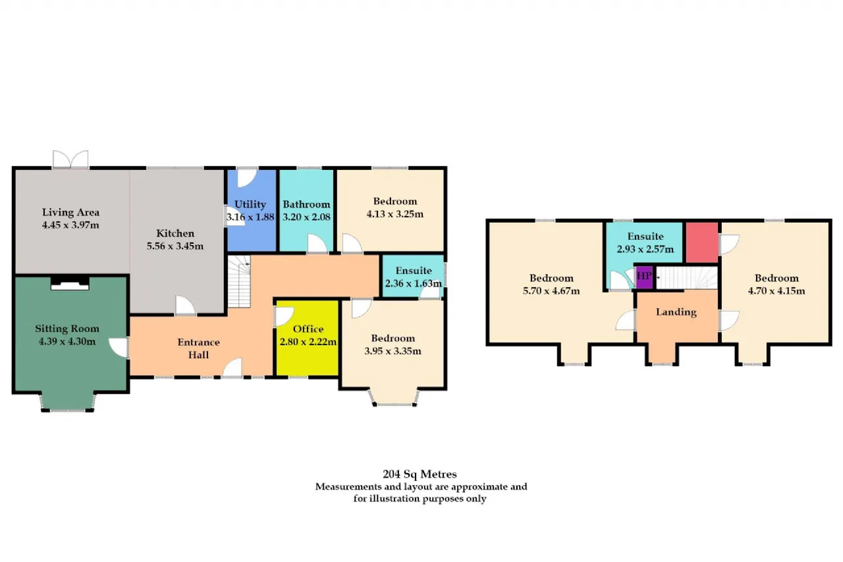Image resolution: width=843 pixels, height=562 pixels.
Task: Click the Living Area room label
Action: (x=70, y=212)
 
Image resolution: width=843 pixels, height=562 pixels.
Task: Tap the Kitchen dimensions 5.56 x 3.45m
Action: (x=175, y=246)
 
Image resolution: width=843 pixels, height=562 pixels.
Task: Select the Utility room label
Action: (x=250, y=204)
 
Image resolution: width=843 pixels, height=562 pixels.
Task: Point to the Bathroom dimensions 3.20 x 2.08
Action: (x=306, y=217)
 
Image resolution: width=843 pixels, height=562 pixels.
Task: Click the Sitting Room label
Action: (x=67, y=329)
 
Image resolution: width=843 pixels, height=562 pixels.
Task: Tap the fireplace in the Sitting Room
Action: (x=70, y=283)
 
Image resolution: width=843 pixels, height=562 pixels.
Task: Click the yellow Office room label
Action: (x=308, y=329)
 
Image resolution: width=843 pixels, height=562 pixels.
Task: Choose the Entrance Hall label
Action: (x=199, y=348)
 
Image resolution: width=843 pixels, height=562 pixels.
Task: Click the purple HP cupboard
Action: (x=644, y=277)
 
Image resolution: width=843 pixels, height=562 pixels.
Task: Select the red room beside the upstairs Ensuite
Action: (x=702, y=242)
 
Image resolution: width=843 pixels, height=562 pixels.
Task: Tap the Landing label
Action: (x=676, y=312)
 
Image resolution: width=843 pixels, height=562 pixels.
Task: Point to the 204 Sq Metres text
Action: (x=420, y=474)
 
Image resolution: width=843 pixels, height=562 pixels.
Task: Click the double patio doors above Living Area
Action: (x=70, y=159)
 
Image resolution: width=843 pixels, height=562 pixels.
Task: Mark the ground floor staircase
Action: (x=239, y=281)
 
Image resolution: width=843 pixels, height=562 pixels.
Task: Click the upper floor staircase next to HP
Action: (x=687, y=277)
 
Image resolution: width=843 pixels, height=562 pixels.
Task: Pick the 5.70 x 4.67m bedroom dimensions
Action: (x=551, y=291)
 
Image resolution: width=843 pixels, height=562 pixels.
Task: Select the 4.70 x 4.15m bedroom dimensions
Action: (x=776, y=291)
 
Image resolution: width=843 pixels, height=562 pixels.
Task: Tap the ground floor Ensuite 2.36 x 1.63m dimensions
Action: (x=413, y=283)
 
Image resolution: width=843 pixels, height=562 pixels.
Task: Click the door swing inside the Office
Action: (x=285, y=316)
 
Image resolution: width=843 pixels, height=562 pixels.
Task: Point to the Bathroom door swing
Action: (x=317, y=244)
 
